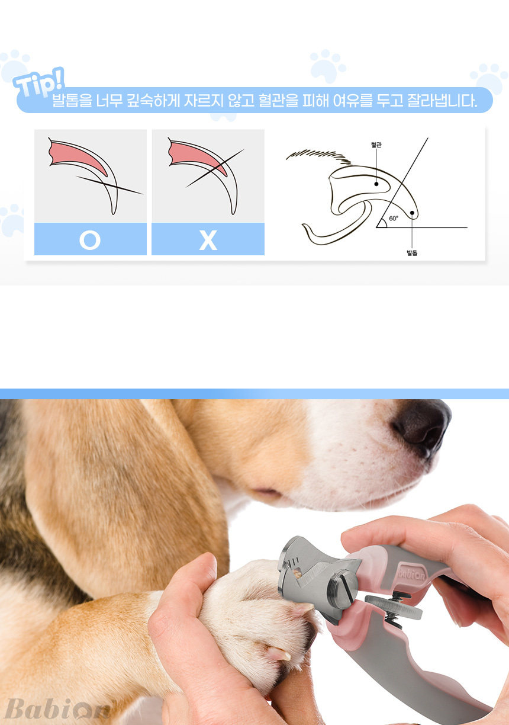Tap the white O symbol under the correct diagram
(x=90, y=240)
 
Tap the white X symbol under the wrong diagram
(x=208, y=240)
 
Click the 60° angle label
(x=394, y=218)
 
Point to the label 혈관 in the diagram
(x=376, y=145)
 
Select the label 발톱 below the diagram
(x=412, y=252)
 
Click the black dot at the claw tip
(x=412, y=213)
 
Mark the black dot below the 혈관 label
(x=376, y=184)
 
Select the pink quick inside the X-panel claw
(x=197, y=156)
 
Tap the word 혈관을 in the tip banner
(x=278, y=101)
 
